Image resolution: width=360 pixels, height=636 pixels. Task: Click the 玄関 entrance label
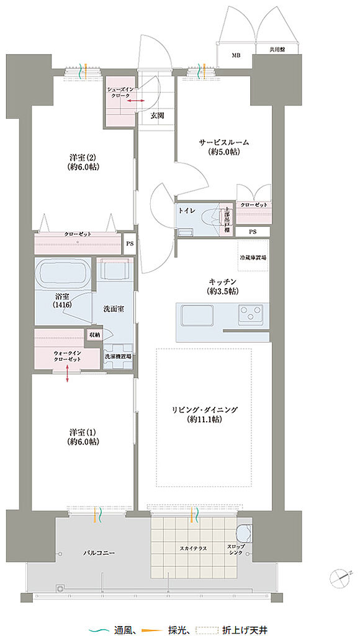(x=157, y=116)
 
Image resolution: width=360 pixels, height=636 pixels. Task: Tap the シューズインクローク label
(x=120, y=92)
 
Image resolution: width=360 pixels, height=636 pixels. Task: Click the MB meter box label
(x=235, y=55)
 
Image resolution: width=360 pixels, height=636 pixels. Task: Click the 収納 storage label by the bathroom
(x=94, y=334)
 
